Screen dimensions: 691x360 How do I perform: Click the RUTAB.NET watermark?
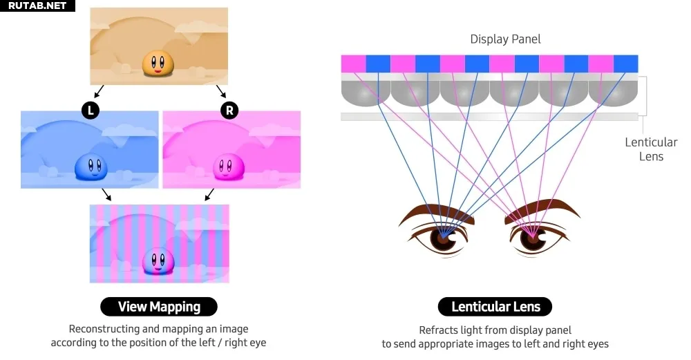coord(37,6)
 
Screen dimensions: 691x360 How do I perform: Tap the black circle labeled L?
coord(91,110)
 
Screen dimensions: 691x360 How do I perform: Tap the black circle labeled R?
coord(229,110)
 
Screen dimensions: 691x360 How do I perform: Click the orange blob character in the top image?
coord(158,64)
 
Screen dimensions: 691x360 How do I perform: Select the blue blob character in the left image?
coord(91,167)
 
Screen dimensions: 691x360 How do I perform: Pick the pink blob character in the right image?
coord(229,167)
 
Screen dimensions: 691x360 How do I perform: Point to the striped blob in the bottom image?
coord(158,261)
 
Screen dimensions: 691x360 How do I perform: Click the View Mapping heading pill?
coord(159,307)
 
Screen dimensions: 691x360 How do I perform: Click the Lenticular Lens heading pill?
coord(495,307)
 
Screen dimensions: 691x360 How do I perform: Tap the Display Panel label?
coord(506,39)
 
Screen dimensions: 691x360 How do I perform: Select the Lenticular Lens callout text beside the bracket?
coord(651,149)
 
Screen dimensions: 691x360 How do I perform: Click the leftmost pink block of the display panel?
coord(353,64)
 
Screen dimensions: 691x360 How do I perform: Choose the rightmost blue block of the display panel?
coord(626,64)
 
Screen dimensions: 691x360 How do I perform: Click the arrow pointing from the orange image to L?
coord(99,91)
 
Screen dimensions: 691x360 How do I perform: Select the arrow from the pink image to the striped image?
coord(209,194)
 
